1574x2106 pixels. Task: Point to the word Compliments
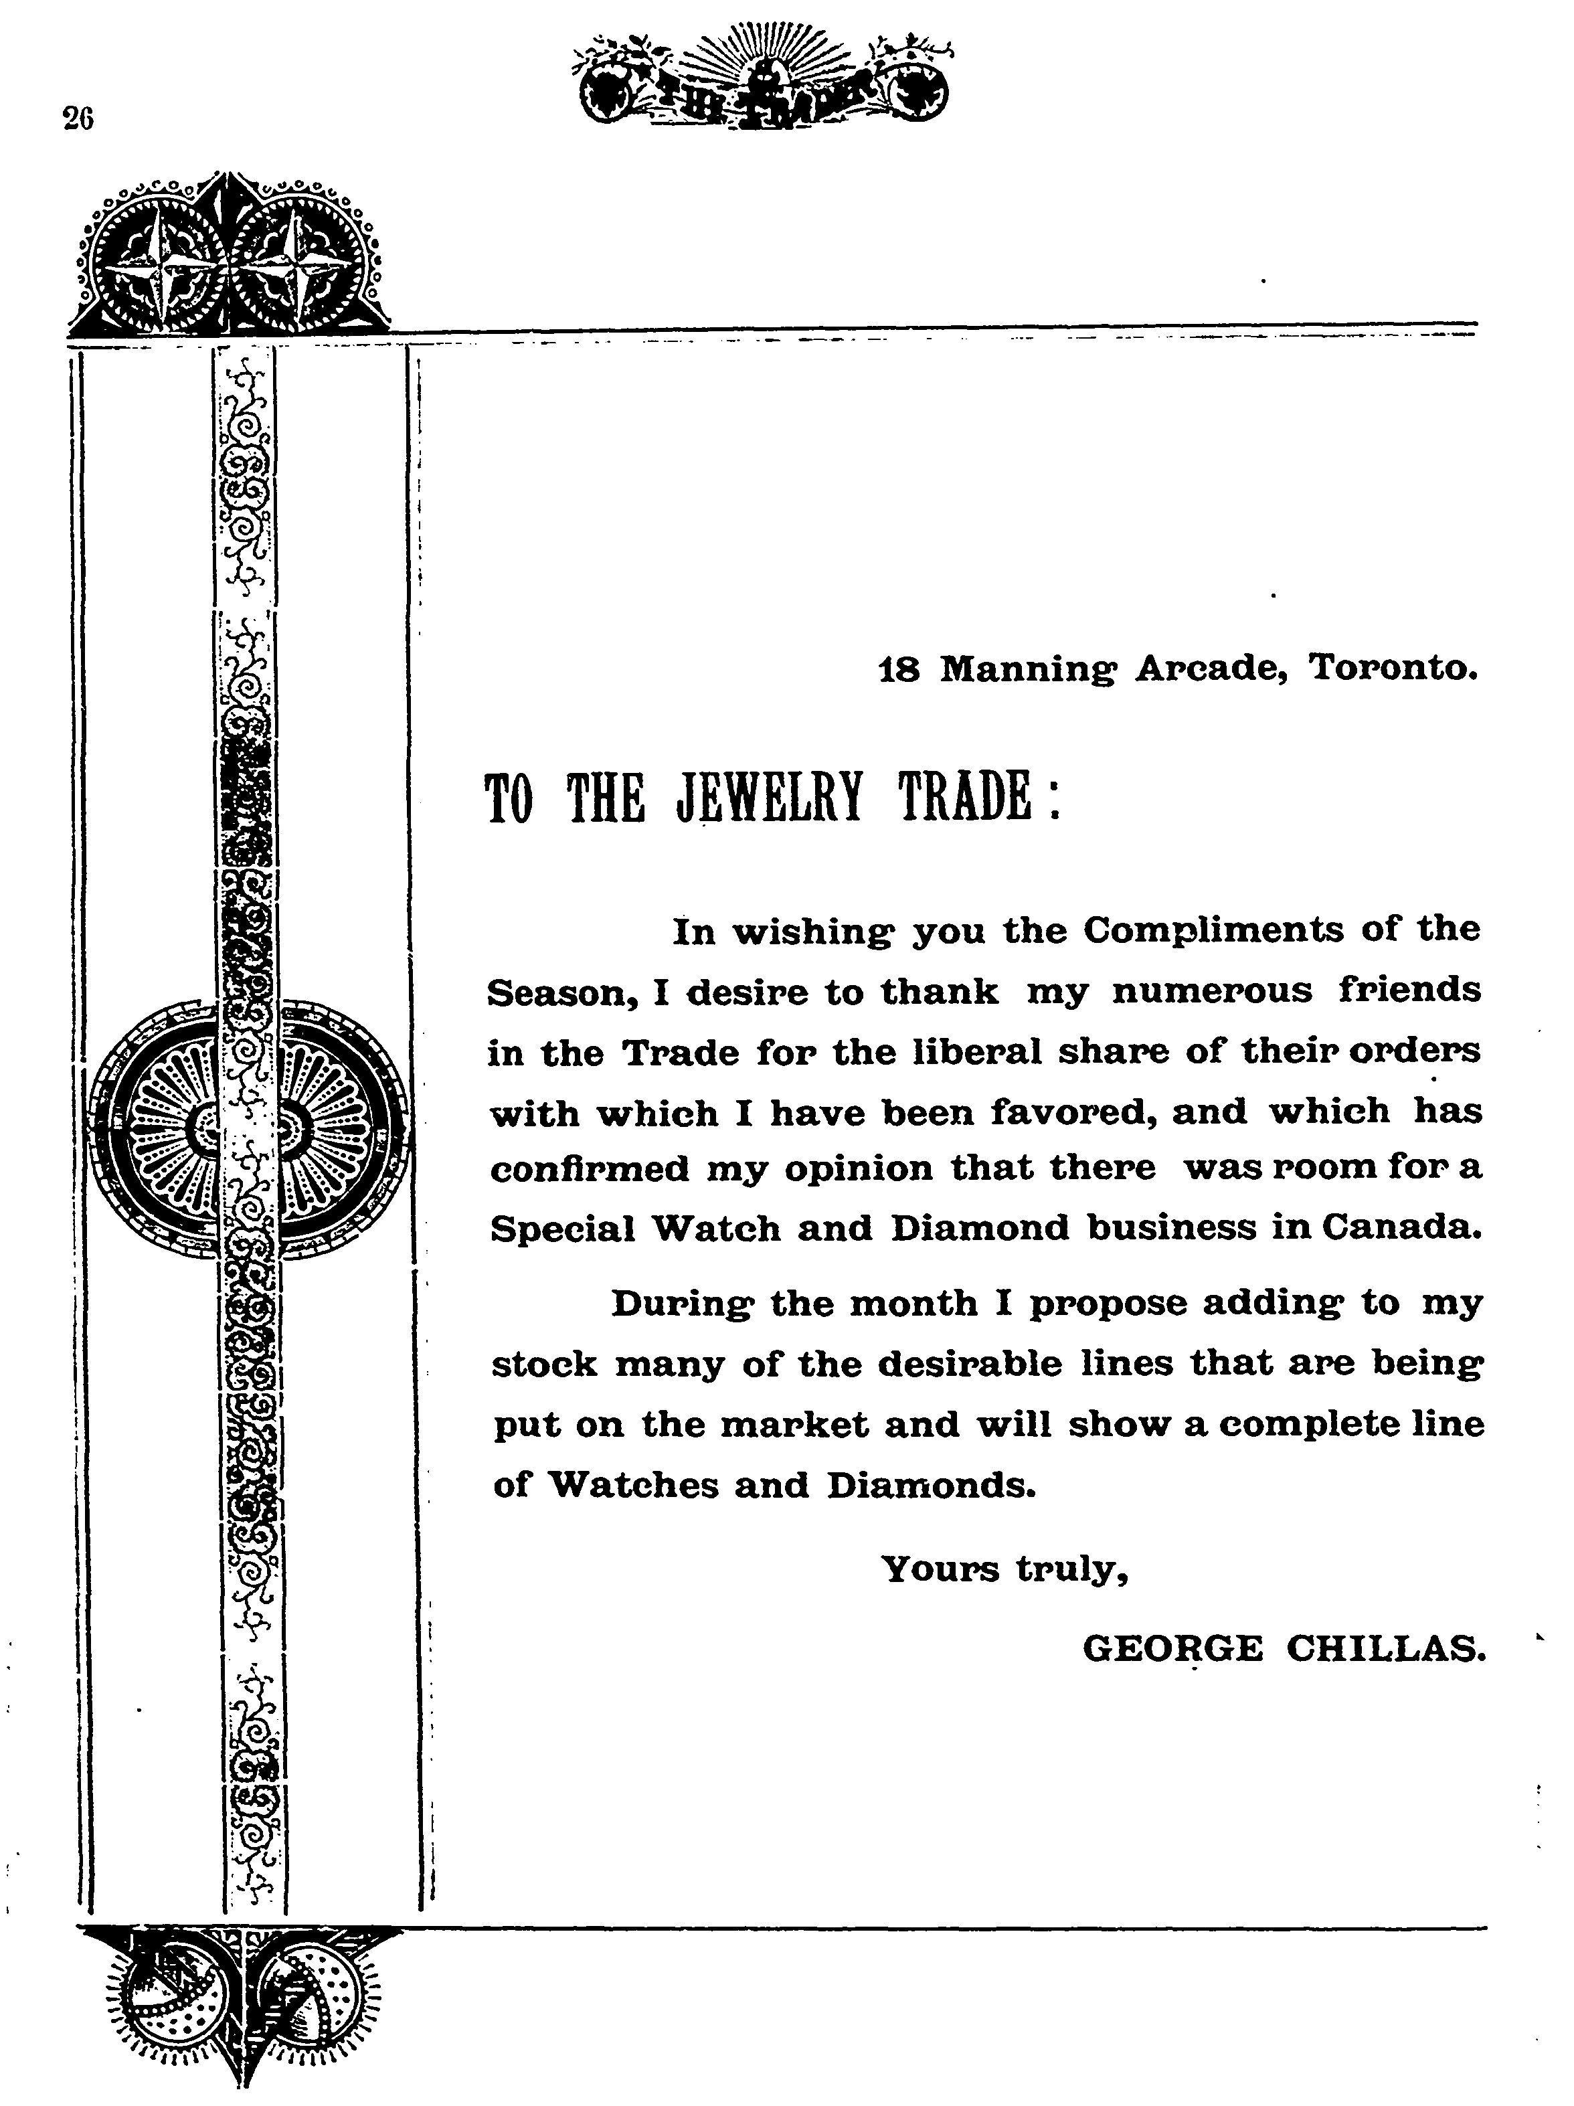click(x=1214, y=930)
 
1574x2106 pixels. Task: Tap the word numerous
click(x=1212, y=991)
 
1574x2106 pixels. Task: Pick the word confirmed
click(x=590, y=1169)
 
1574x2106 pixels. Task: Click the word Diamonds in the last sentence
click(x=930, y=1485)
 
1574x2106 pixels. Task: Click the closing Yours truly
click(x=1004, y=1568)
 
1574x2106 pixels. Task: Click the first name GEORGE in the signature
click(x=1172, y=1649)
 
